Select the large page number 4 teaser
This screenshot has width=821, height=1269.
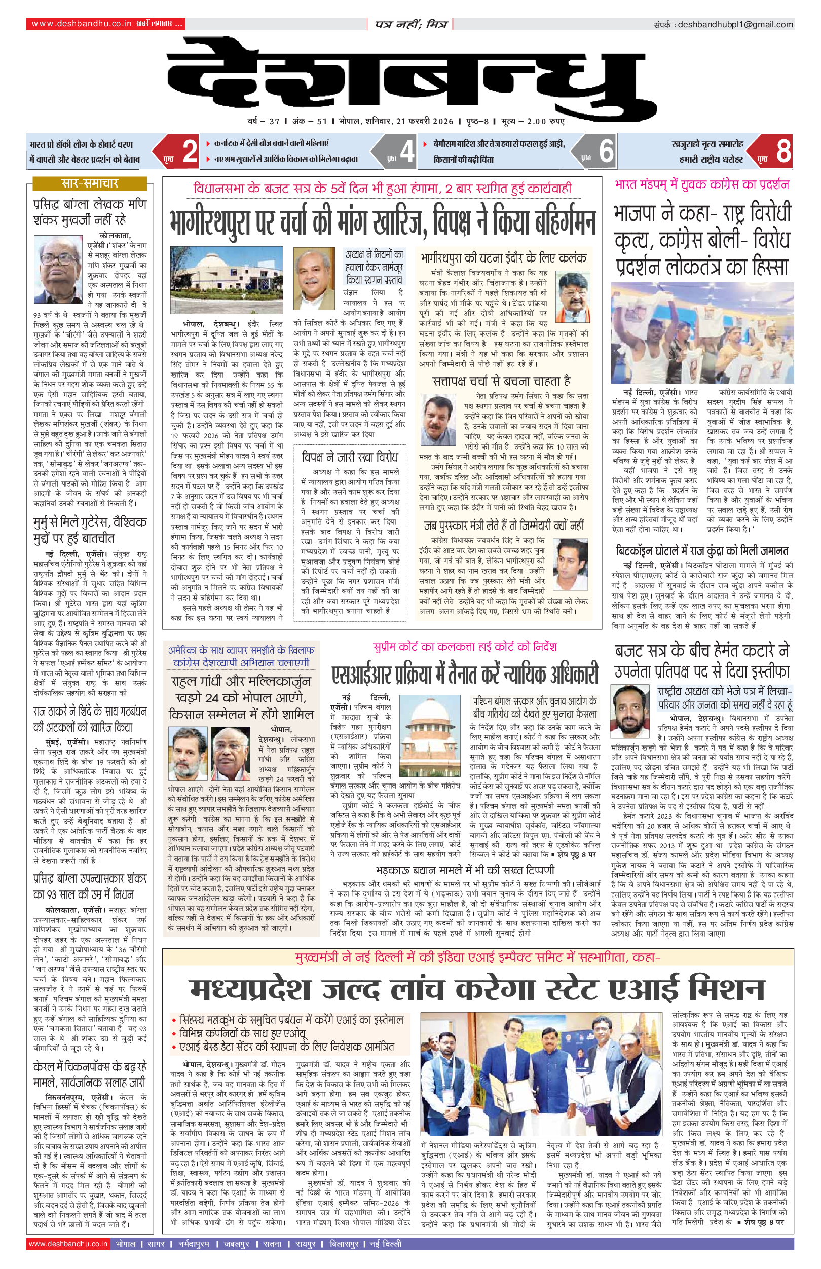coord(407,151)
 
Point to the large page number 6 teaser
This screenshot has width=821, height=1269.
coord(606,151)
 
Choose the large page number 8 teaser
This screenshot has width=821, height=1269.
coord(783,151)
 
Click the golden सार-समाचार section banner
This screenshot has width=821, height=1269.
coord(90,183)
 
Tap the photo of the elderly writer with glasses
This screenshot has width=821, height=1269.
coord(58,269)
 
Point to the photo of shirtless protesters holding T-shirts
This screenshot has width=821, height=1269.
coord(701,333)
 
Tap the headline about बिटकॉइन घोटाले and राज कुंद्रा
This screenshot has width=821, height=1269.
coord(701,550)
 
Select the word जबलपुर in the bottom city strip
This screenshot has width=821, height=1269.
coord(236,1244)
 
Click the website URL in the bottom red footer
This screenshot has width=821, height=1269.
coord(68,1244)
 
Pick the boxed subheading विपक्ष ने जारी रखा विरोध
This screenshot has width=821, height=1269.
coord(349,457)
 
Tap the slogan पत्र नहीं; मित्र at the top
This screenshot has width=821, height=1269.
coord(410,24)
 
